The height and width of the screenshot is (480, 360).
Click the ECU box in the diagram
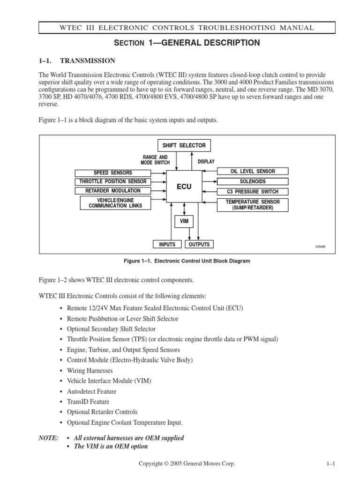pyautogui.click(x=184, y=187)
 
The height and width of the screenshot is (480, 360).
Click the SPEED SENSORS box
pyautogui.click(x=112, y=172)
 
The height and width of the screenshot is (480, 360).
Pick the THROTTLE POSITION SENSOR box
pyautogui.click(x=112, y=181)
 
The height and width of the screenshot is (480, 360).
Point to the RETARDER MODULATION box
pyautogui.click(x=112, y=191)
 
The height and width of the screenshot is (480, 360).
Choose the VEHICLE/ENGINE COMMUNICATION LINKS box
pyautogui.click(x=112, y=203)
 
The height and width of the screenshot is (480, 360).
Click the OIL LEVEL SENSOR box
pyautogui.click(x=253, y=172)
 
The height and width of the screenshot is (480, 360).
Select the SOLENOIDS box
pyautogui.click(x=253, y=181)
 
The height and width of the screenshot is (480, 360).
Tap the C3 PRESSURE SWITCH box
pyautogui.click(x=253, y=192)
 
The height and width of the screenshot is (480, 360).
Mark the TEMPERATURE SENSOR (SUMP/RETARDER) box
pyautogui.click(x=253, y=205)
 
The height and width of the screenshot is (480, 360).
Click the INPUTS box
pyautogui.click(x=167, y=244)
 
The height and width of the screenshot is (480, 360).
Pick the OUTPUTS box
pyautogui.click(x=199, y=244)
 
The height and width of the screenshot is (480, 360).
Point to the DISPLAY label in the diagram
pyautogui.click(x=206, y=162)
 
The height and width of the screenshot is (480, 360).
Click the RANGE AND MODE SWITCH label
pyautogui.click(x=155, y=160)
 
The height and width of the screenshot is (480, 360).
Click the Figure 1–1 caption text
pyautogui.click(x=186, y=261)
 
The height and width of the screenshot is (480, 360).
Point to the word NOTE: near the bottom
pyautogui.click(x=48, y=438)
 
